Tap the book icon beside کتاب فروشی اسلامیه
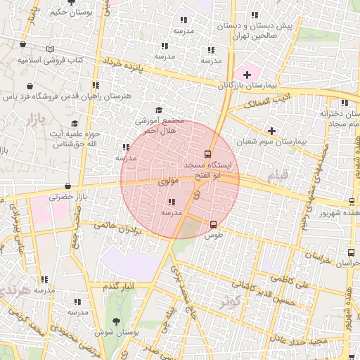click(x=49, y=49)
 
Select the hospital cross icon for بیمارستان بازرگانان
click(x=247, y=74)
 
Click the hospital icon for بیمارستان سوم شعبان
click(x=271, y=131)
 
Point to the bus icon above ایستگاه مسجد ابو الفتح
click(x=207, y=154)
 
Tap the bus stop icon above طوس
click(x=213, y=225)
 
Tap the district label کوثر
click(x=229, y=300)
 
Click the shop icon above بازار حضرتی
click(x=67, y=186)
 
